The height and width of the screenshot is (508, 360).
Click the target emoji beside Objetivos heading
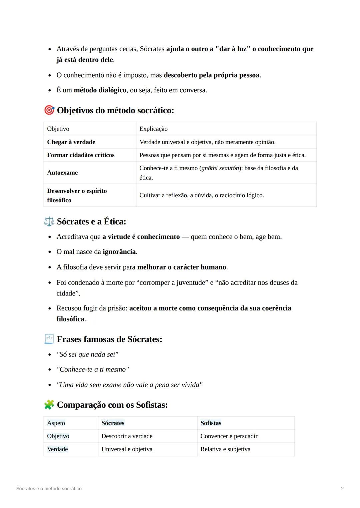click(49, 110)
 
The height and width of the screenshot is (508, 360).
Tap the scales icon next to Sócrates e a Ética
click(49, 222)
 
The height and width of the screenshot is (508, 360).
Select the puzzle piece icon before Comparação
click(49, 405)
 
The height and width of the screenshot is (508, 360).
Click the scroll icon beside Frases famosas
click(49, 339)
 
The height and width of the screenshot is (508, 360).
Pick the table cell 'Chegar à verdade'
click(71, 142)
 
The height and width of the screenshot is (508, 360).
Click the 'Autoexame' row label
click(62, 173)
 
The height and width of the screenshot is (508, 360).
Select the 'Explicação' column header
click(153, 129)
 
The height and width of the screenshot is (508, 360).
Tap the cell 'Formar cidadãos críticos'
click(81, 155)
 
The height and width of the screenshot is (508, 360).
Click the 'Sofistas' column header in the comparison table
click(211, 423)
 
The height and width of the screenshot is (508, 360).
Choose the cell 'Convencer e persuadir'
click(229, 436)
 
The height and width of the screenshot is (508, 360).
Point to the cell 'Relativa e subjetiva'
click(225, 449)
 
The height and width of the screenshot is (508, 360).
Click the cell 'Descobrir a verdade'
click(127, 436)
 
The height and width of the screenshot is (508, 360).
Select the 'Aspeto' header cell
click(56, 423)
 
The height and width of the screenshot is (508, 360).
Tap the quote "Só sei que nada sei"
click(87, 354)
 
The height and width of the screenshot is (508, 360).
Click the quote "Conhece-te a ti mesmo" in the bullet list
click(93, 369)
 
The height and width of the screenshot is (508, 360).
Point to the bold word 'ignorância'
click(119, 252)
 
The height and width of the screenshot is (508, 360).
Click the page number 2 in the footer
click(342, 489)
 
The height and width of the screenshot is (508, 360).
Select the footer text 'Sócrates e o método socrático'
click(49, 489)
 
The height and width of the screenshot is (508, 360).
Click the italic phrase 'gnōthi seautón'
click(220, 168)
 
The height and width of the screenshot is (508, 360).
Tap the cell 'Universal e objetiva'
click(127, 449)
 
